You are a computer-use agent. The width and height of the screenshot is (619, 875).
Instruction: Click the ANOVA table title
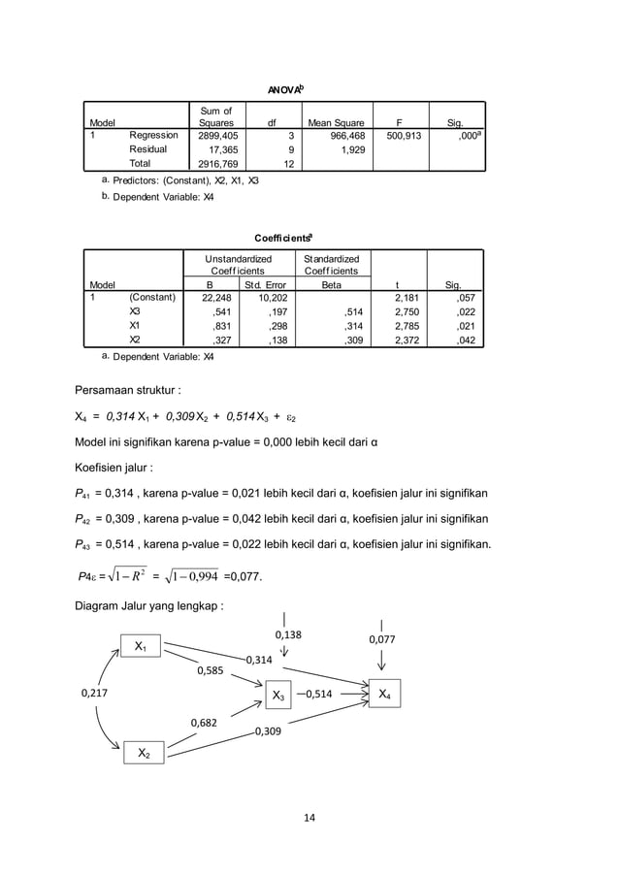285,89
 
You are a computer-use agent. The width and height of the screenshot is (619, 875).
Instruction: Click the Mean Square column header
336,123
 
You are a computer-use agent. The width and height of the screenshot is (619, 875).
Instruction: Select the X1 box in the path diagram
141,645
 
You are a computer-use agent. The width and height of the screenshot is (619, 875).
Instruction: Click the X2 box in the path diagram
143,753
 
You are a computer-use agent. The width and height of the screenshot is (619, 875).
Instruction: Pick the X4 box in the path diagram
385,694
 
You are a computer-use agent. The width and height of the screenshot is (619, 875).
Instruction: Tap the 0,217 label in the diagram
94,693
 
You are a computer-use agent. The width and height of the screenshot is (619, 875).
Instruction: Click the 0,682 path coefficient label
204,723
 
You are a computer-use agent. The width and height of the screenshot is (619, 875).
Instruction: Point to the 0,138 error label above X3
288,634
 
